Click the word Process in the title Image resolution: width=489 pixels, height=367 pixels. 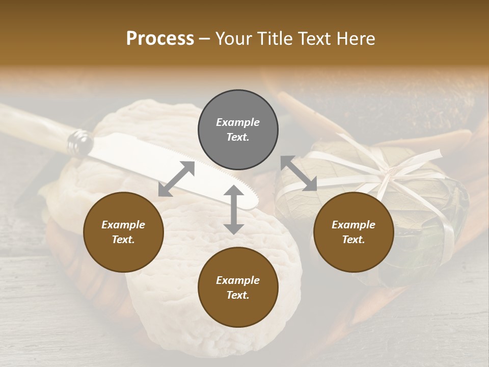[x=160, y=38]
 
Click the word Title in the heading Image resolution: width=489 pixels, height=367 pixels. [x=274, y=38]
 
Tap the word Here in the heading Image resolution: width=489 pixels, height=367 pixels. [x=355, y=38]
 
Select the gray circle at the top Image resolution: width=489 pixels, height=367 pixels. [x=238, y=130]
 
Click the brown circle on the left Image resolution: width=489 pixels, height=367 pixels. [x=123, y=232]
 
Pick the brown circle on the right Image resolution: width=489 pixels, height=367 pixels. [x=353, y=232]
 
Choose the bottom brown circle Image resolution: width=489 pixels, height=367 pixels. [x=238, y=287]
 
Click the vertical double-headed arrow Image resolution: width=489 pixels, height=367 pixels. [x=233, y=209]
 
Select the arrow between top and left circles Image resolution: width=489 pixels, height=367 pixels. [x=176, y=179]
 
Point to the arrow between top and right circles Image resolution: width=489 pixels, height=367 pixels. [x=299, y=174]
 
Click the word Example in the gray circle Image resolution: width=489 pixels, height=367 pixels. [x=238, y=122]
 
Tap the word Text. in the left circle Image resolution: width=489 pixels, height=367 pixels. [x=123, y=240]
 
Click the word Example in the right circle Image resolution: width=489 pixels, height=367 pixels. [x=353, y=224]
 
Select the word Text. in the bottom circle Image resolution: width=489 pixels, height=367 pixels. [x=238, y=295]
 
